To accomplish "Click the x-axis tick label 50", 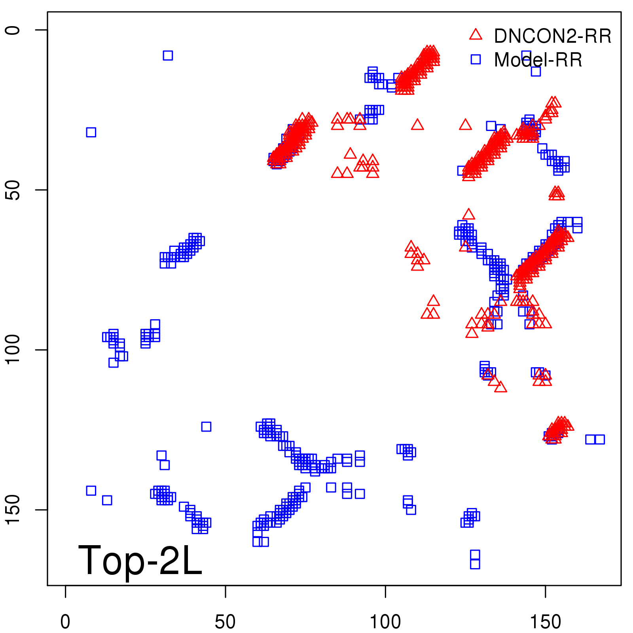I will click(x=225, y=622).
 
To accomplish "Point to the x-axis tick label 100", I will click(x=385, y=622).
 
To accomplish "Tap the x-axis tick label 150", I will click(x=545, y=622).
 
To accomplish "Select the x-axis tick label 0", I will click(x=65, y=622).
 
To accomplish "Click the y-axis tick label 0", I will click(x=13, y=30).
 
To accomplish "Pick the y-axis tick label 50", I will click(x=13, y=190).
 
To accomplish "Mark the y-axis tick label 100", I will click(x=13, y=350).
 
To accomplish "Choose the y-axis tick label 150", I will click(x=13, y=510).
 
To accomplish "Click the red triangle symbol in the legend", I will click(x=476, y=35).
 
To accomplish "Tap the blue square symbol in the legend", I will click(x=476, y=59).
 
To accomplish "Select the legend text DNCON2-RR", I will click(x=553, y=36).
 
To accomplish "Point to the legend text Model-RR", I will click(x=538, y=60).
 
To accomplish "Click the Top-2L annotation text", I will click(x=140, y=560).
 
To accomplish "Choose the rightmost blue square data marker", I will click(x=600, y=439).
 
